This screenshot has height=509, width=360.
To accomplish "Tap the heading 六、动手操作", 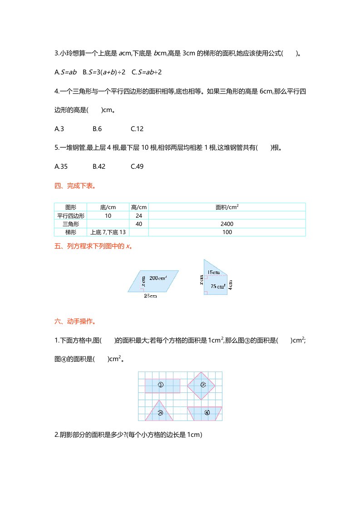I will tap(75, 322).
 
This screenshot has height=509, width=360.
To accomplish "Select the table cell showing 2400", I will tap(227, 224).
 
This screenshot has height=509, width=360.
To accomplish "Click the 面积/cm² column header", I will tap(227, 207).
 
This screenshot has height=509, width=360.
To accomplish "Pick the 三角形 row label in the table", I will tap(70, 224).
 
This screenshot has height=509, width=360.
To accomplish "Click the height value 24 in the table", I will tap(138, 216).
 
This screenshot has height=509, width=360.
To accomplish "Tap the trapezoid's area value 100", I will tap(227, 232).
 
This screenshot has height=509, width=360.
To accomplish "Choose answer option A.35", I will tap(61, 166).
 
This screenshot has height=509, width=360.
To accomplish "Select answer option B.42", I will tap(99, 166).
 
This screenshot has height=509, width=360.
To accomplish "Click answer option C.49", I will tap(137, 166).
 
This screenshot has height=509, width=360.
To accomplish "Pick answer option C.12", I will tap(137, 129).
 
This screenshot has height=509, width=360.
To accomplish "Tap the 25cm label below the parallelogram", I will tap(150, 296).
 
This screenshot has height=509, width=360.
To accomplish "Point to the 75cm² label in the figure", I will tap(218, 286).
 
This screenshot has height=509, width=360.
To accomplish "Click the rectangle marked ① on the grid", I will tap(162, 386).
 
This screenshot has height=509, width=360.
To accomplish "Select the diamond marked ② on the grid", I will tap(203, 385).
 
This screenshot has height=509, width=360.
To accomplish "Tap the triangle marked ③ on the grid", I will tap(160, 411).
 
